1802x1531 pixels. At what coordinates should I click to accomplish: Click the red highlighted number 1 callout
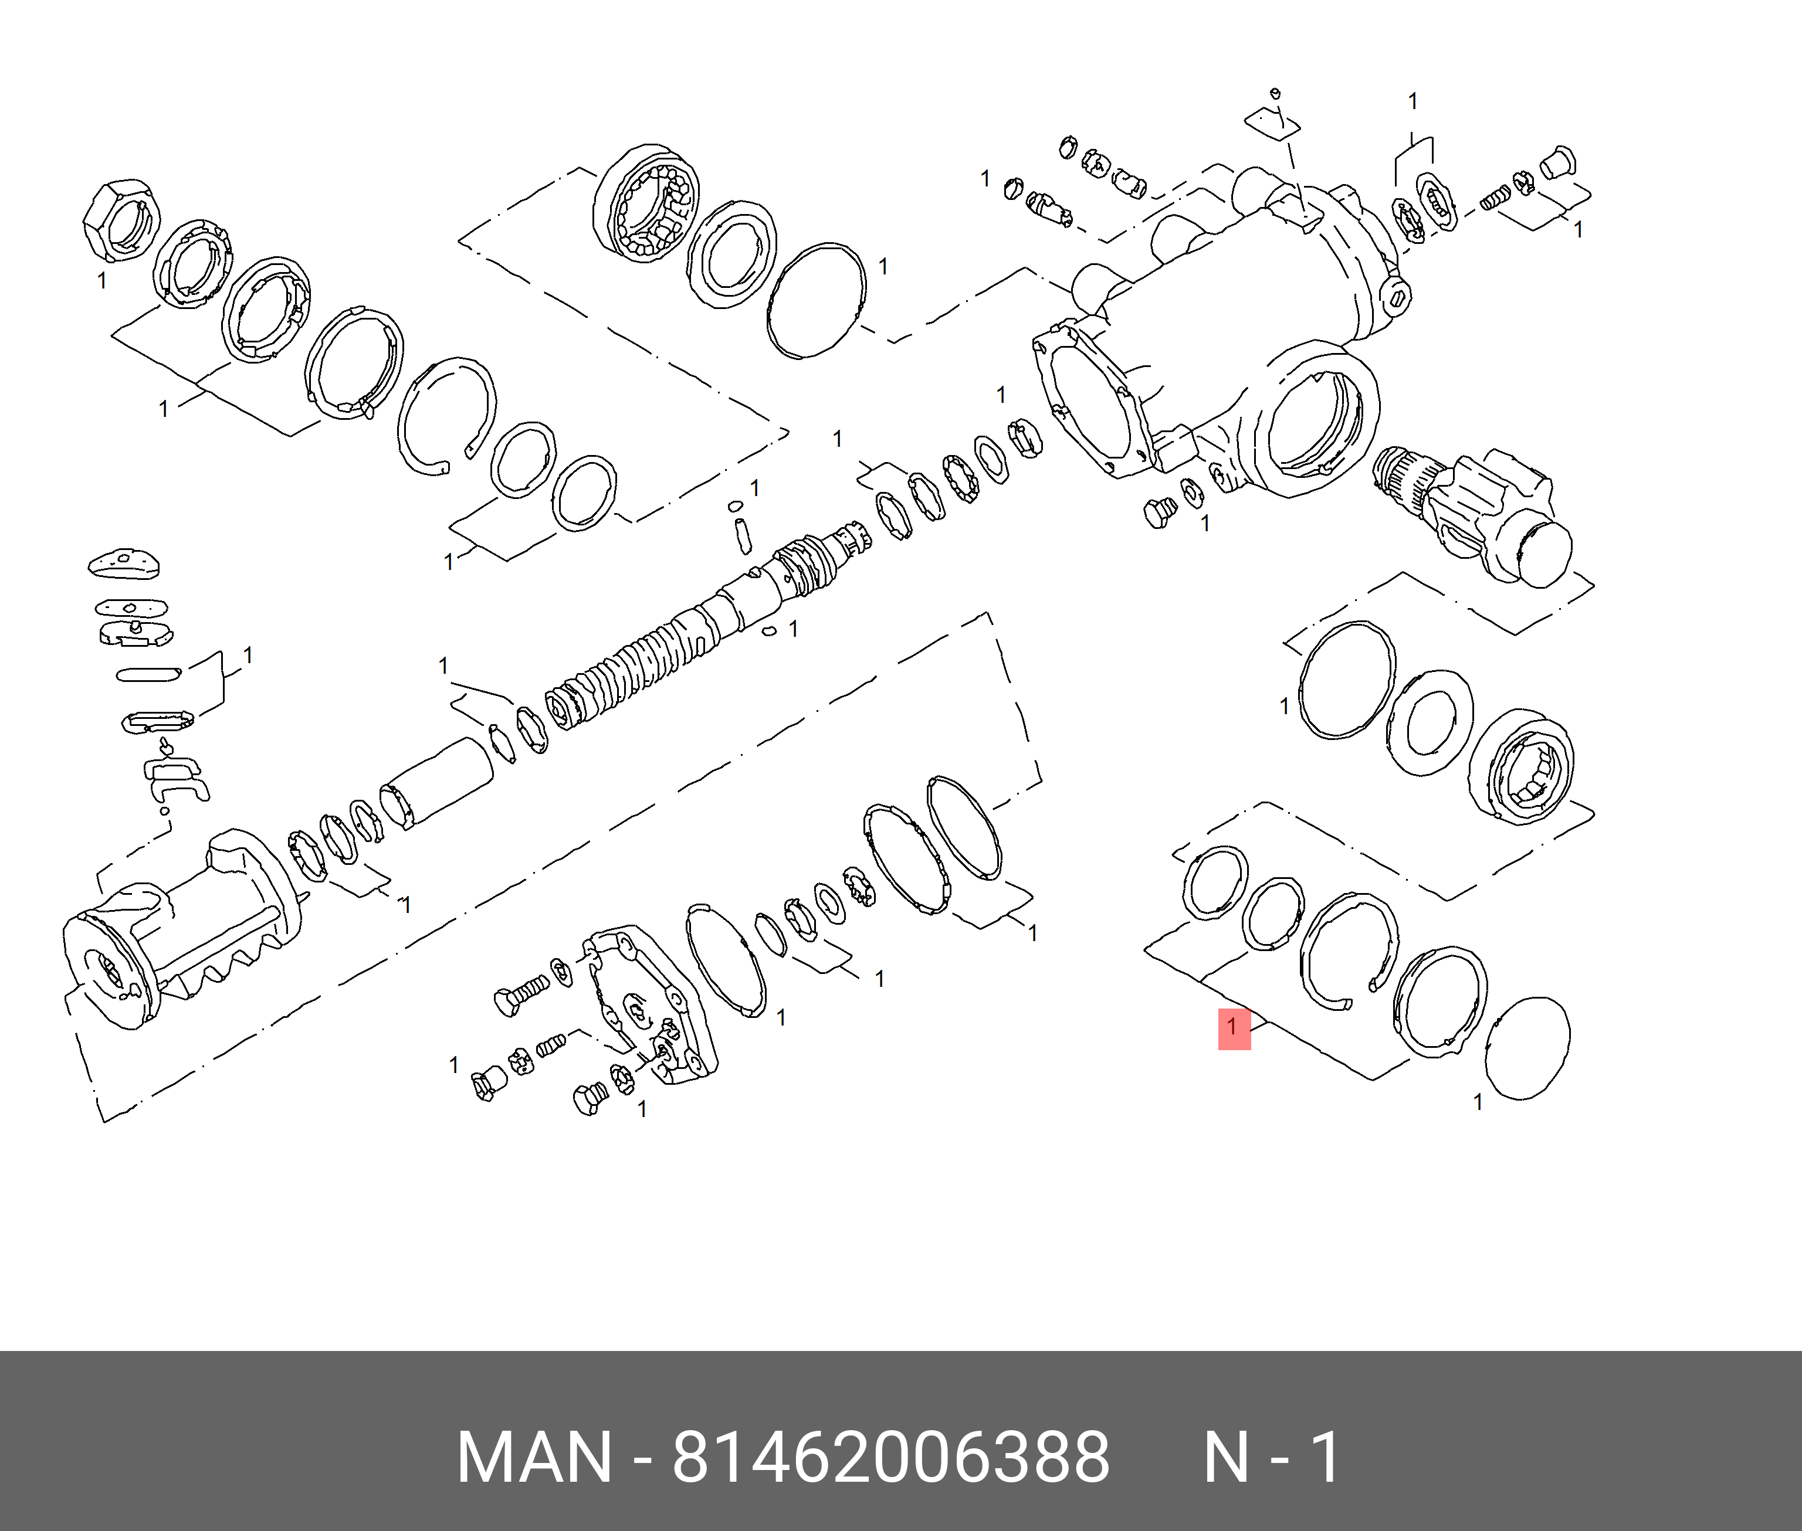click(x=1234, y=1028)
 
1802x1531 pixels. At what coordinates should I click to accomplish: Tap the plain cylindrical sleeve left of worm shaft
click(x=436, y=784)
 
